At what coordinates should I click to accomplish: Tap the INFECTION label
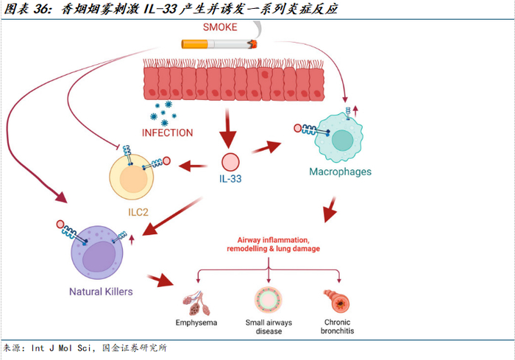[168, 133]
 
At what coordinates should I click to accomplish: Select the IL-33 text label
[231, 179]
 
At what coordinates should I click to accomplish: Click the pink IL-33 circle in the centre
[231, 161]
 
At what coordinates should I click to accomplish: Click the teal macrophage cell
[340, 139]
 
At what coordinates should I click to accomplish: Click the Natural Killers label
[101, 292]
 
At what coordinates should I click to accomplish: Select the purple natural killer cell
[100, 255]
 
